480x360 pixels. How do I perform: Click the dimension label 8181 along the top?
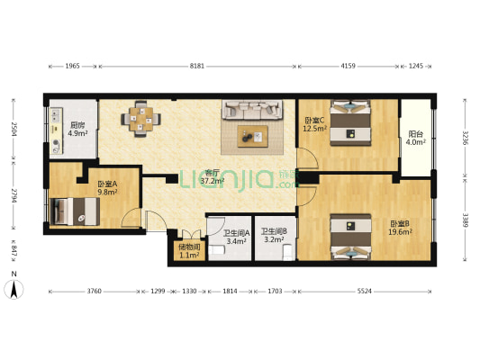tap(197, 66)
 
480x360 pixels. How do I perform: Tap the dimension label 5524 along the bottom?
tap(365, 292)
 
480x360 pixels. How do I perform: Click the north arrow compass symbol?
tap(14, 289)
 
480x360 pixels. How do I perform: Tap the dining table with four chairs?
tap(141, 119)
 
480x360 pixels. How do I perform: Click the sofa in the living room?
tap(252, 110)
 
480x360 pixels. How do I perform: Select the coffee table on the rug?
tap(252, 136)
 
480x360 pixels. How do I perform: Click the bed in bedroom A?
tap(75, 211)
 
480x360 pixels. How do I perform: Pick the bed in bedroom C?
tap(350, 123)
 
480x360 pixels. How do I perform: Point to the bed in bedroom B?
tap(350, 237)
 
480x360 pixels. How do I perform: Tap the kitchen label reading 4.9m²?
tap(77, 133)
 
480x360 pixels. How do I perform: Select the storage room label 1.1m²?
tap(189, 255)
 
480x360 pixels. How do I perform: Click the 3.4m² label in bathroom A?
tap(237, 241)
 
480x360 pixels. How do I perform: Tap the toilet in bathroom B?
tap(288, 252)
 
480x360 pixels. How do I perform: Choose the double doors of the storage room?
tap(192, 234)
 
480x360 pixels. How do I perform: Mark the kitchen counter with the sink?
tap(56, 130)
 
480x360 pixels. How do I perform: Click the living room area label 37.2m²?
tap(213, 181)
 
